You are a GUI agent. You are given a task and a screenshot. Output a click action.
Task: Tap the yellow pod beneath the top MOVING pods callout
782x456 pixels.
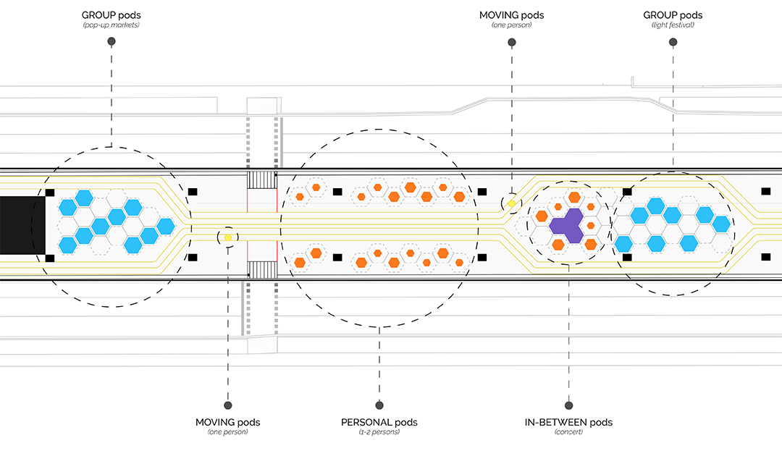[x=511, y=204]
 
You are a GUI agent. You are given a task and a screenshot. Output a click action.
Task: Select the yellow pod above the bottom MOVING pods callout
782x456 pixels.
[x=227, y=237]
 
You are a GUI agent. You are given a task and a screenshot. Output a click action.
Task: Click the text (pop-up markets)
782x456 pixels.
[x=111, y=25]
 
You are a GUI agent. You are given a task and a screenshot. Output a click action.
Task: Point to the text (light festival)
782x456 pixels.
[x=672, y=25]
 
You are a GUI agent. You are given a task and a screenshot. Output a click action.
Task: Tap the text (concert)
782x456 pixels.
[x=568, y=432]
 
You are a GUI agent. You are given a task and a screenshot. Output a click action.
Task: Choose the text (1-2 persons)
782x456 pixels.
[x=379, y=432]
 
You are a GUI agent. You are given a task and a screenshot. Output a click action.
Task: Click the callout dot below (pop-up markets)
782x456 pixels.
[x=111, y=43]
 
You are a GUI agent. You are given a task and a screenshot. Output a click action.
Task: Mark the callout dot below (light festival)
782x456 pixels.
[x=673, y=43]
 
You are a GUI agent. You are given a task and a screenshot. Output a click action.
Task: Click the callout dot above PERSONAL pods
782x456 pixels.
[x=379, y=405]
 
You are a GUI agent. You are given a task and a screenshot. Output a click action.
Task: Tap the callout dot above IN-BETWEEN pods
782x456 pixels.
[x=568, y=405]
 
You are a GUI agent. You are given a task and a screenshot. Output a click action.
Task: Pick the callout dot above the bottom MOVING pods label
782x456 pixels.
[x=227, y=405]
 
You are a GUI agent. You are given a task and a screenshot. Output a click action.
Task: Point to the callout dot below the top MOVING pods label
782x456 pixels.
[x=511, y=43]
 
